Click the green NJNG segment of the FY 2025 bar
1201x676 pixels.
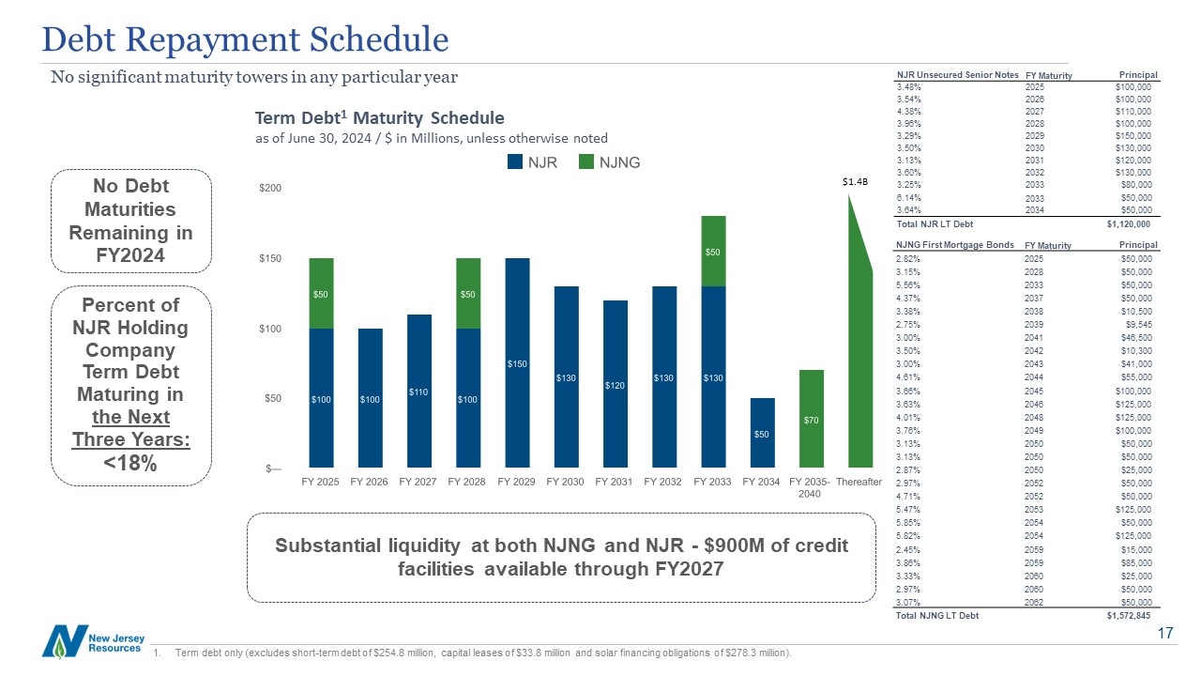coord(320,293)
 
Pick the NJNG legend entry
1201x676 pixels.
coord(610,162)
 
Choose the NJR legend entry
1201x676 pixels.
coord(532,162)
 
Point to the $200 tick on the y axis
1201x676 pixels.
coord(269,189)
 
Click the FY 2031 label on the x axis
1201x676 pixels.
coord(614,482)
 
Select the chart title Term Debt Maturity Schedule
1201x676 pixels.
coord(380,118)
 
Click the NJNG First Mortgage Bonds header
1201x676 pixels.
coord(955,245)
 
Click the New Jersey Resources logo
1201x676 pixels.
coord(91,641)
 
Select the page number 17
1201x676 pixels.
coord(1166,635)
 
